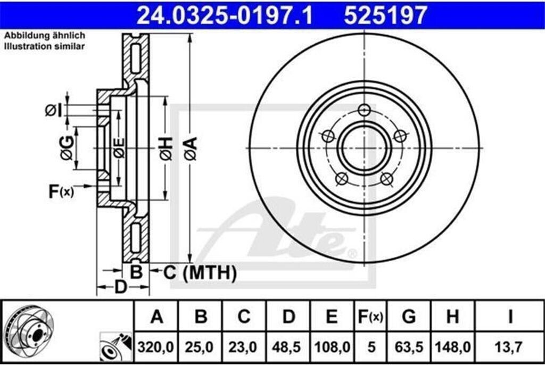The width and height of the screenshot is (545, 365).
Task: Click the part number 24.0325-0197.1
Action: (x=225, y=15)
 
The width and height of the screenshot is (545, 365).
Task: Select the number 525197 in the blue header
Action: (x=385, y=15)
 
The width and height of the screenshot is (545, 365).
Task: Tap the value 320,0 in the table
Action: (x=155, y=347)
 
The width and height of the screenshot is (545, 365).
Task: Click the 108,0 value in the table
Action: (x=332, y=347)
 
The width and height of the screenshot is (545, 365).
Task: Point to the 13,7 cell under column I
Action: (x=509, y=347)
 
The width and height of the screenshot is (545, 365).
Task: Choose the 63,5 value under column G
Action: (x=409, y=347)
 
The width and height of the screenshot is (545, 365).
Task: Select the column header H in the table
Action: (x=452, y=317)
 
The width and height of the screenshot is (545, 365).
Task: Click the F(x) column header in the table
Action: (x=370, y=317)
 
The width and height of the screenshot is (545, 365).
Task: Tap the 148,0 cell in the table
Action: (x=452, y=347)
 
